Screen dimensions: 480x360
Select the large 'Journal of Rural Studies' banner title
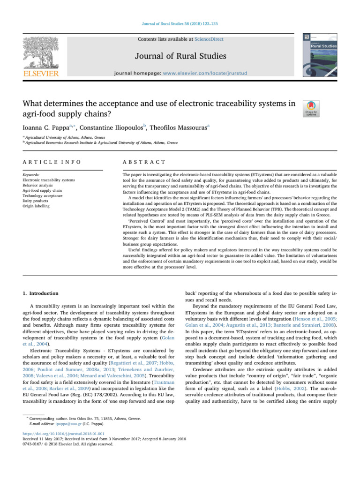[180, 57]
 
